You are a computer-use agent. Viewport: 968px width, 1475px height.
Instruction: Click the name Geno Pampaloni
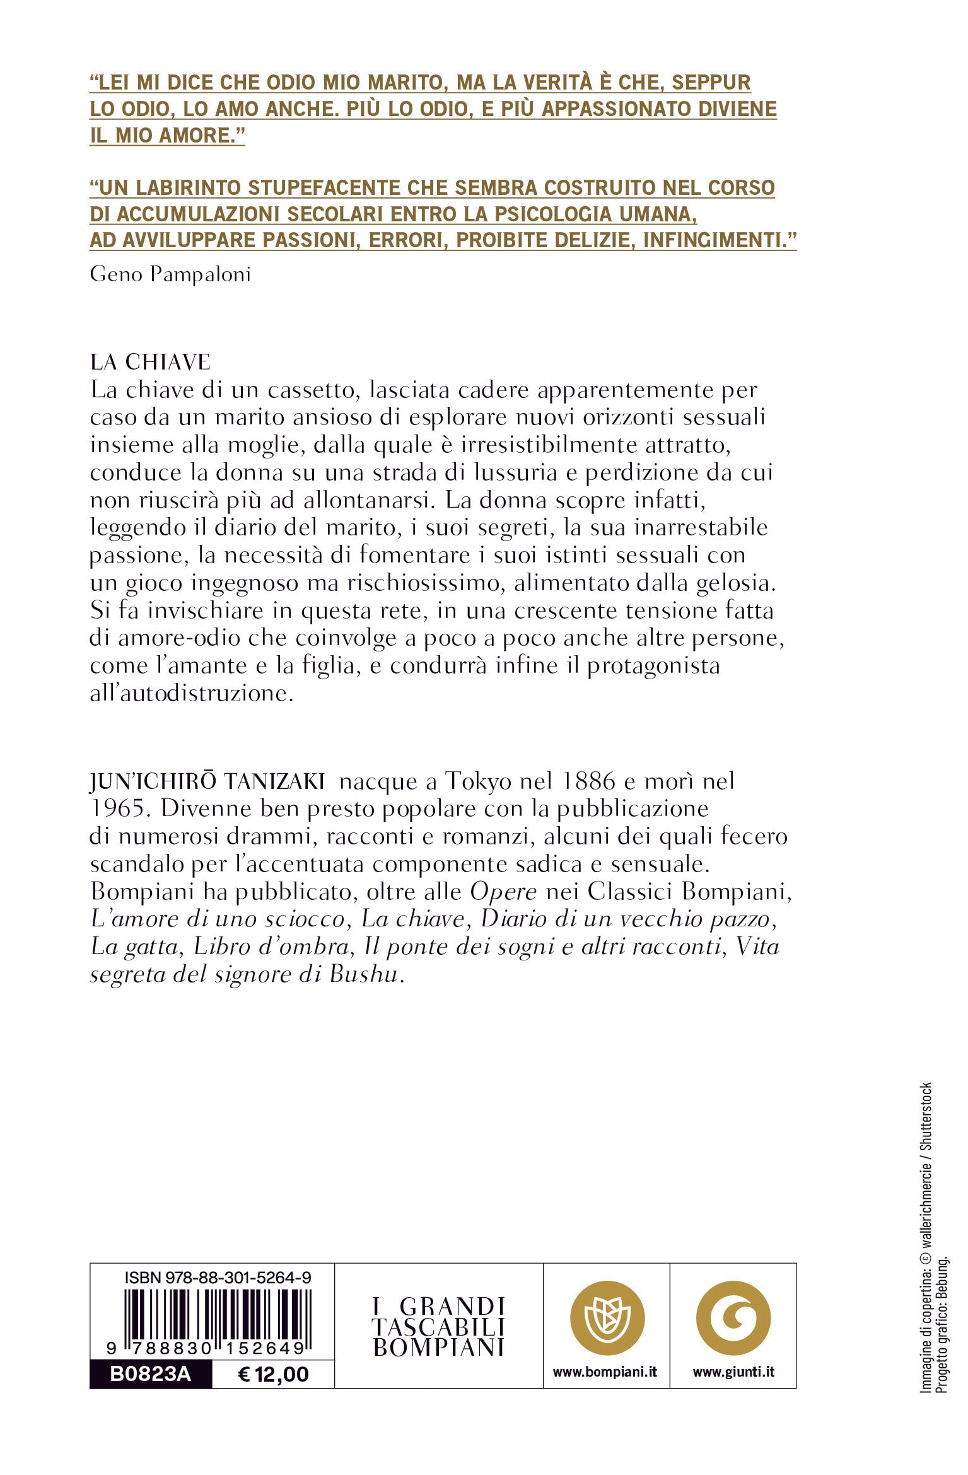coord(170,275)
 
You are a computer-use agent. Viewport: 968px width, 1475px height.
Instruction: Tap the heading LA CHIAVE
coord(150,362)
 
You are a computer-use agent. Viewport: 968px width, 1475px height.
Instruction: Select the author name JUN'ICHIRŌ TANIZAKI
coord(207,782)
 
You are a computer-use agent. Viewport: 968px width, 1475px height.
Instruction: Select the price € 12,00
coord(273,1375)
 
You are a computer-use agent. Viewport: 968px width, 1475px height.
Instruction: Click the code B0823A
coord(150,1375)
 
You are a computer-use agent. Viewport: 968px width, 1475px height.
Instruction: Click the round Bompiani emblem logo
coord(607,1317)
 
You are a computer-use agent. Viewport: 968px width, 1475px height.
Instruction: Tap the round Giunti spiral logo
coord(733,1317)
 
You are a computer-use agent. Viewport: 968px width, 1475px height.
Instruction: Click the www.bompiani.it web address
coord(605,1372)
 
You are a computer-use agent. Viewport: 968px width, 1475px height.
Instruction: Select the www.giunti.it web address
coord(733,1372)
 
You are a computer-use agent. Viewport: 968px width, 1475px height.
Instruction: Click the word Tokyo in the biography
coord(478,782)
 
